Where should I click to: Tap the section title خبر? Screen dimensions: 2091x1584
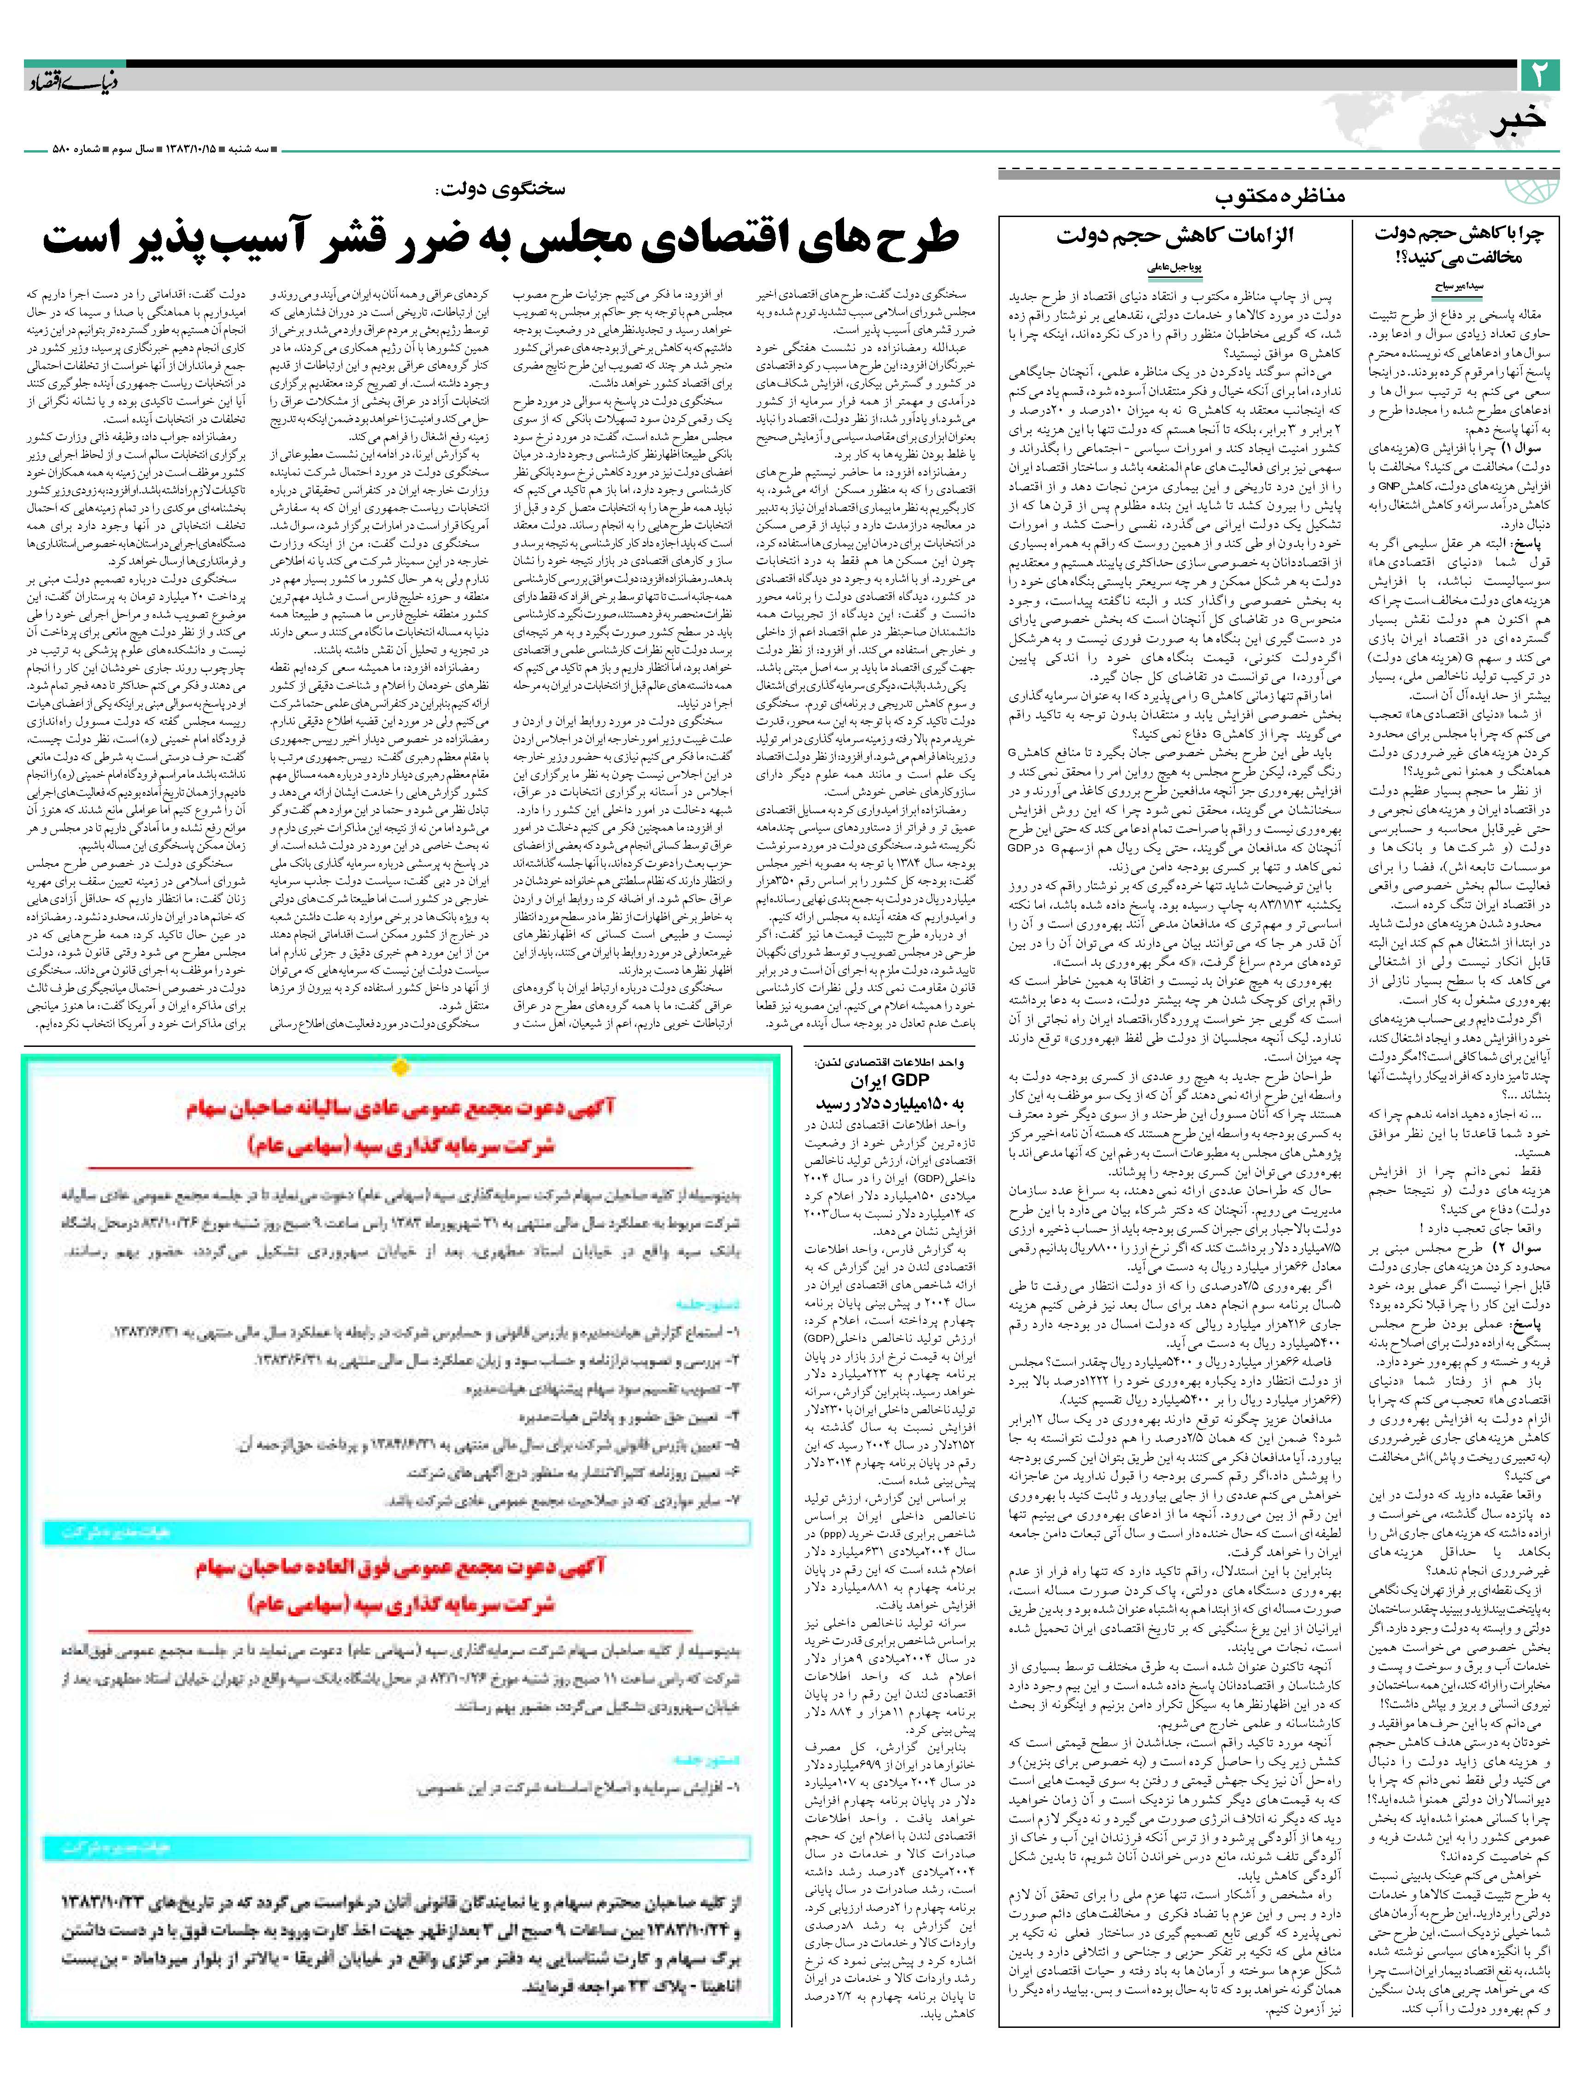1518,123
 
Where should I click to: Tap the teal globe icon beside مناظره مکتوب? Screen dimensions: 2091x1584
1532,189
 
